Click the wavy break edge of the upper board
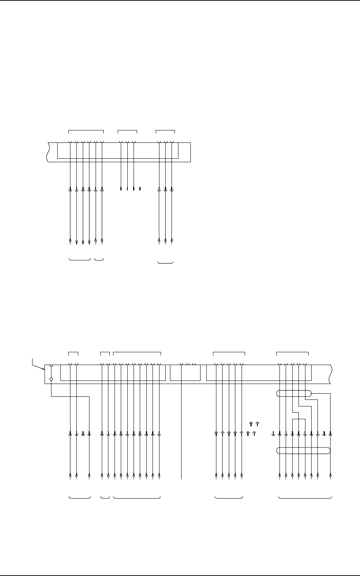tap(47, 152)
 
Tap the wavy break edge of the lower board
tap(330, 374)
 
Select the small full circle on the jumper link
tap(51, 379)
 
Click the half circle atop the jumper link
tap(51, 365)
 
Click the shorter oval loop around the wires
tap(294, 394)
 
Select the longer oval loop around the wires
tap(304, 451)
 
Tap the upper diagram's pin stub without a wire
tap(140, 189)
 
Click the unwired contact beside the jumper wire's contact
tap(83, 434)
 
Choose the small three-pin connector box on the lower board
tap(185, 373)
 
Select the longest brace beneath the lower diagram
tap(305, 497)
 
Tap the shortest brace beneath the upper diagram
tap(99, 259)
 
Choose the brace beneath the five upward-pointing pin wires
tap(229, 497)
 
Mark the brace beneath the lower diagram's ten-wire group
tap(137, 497)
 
